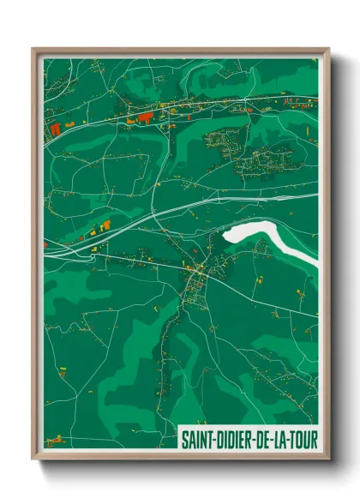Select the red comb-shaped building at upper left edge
point(55,129)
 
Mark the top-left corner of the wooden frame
point(33,49)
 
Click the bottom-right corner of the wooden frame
point(329,461)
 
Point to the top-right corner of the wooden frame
point(329,49)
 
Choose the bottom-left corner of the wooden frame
point(33,461)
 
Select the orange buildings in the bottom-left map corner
point(55,440)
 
